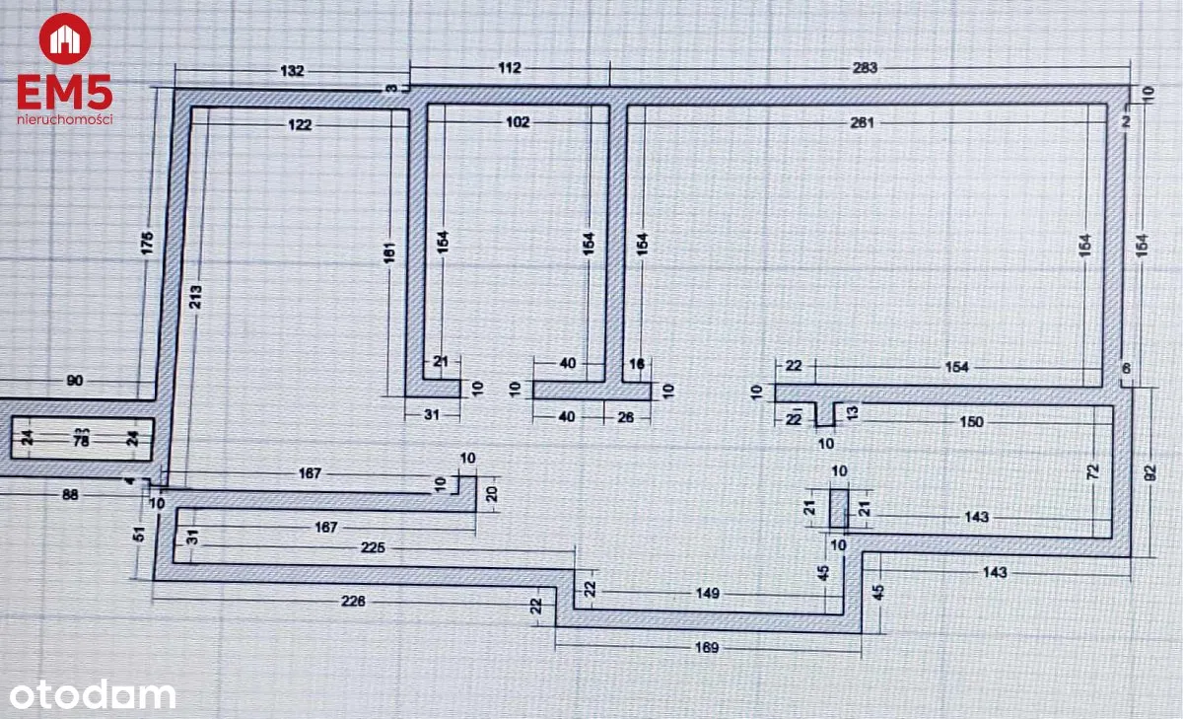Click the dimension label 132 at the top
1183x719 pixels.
click(x=293, y=71)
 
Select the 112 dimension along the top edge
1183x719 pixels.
click(x=509, y=68)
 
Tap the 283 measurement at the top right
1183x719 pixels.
click(x=865, y=68)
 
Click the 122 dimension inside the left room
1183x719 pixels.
click(x=301, y=124)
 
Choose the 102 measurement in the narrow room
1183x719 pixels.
click(x=517, y=122)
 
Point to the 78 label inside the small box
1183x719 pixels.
click(x=82, y=441)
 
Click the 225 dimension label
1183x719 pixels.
click(x=373, y=548)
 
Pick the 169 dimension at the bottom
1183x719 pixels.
click(x=708, y=648)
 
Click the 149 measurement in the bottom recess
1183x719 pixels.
click(x=707, y=594)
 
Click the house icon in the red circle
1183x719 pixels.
click(x=65, y=39)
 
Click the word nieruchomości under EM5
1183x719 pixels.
click(x=65, y=119)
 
